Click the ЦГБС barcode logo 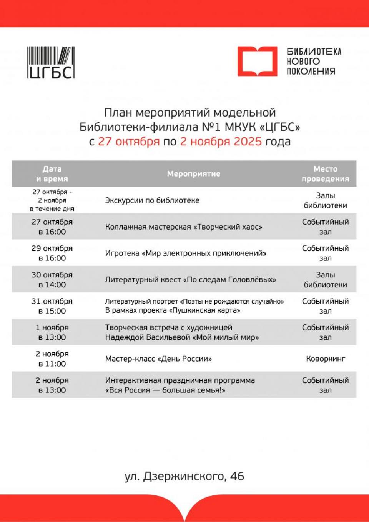51,63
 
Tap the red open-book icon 257,61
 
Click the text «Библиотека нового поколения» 314,61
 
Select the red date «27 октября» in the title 128,142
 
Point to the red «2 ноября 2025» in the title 221,142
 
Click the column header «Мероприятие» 193,174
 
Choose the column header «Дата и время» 52,174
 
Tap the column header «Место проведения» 325,174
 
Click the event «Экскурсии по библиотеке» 152,200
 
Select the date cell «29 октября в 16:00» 52,253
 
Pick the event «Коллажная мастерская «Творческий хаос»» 183,227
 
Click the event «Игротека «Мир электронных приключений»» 186,253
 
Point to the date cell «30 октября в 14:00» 52,280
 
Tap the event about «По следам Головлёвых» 190,280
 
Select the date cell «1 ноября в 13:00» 52,332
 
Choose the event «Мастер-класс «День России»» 158,359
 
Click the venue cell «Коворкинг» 325,359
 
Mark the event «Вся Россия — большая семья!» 165,390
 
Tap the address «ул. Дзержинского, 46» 184,476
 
